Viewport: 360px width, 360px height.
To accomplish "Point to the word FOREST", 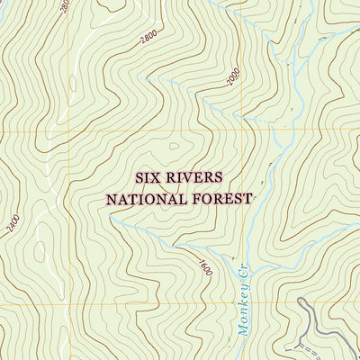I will click(220, 198).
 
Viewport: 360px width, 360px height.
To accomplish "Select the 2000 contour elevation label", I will click(234, 78).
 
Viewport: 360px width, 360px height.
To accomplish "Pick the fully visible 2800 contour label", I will click(148, 37).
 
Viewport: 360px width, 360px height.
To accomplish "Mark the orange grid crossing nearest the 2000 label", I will click(246, 130).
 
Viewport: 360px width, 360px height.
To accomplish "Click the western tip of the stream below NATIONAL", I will click(136, 225).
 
